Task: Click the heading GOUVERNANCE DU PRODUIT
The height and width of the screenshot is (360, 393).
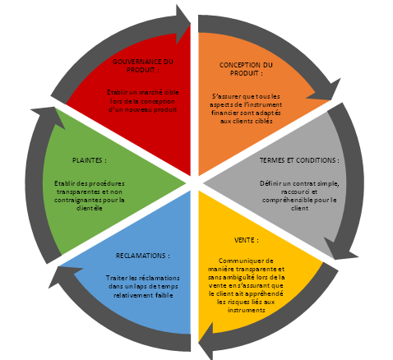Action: tap(143, 66)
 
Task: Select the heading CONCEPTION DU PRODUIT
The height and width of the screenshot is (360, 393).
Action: tap(246, 69)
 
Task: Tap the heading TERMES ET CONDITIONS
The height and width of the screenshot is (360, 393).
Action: tap(299, 160)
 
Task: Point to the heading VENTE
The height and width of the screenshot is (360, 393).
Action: tap(247, 240)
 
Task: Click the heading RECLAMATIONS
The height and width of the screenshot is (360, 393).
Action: tap(143, 256)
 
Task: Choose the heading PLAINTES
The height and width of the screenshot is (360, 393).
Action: tap(90, 160)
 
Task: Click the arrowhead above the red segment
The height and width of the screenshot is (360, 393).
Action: tap(183, 24)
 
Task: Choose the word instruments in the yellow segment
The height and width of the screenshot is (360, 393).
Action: tap(246, 310)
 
